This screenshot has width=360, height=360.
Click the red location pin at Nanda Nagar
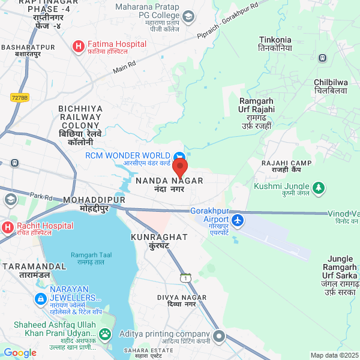pyautogui.click(x=180, y=167)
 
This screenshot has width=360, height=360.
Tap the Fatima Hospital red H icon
pyautogui.click(x=78, y=46)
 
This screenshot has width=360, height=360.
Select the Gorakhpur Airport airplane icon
pyautogui.click(x=238, y=220)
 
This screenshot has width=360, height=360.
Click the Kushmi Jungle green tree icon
pyautogui.click(x=319, y=188)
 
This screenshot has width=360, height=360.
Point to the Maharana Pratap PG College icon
pyautogui.click(x=188, y=16)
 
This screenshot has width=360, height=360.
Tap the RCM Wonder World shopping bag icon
pyautogui.click(x=178, y=158)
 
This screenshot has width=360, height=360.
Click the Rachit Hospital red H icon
pyautogui.click(x=7, y=227)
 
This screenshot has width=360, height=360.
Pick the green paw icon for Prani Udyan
pyautogui.click(x=106, y=334)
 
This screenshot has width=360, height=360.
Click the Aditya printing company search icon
pyautogui.click(x=219, y=336)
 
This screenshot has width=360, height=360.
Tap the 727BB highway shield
pyautogui.click(x=20, y=97)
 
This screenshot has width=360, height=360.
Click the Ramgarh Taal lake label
pyautogui.click(x=88, y=259)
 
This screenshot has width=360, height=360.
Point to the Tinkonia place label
pyautogui.click(x=275, y=43)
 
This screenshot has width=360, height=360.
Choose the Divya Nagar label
pyautogui.click(x=181, y=301)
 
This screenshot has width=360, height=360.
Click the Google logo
pyautogui.click(x=20, y=353)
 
